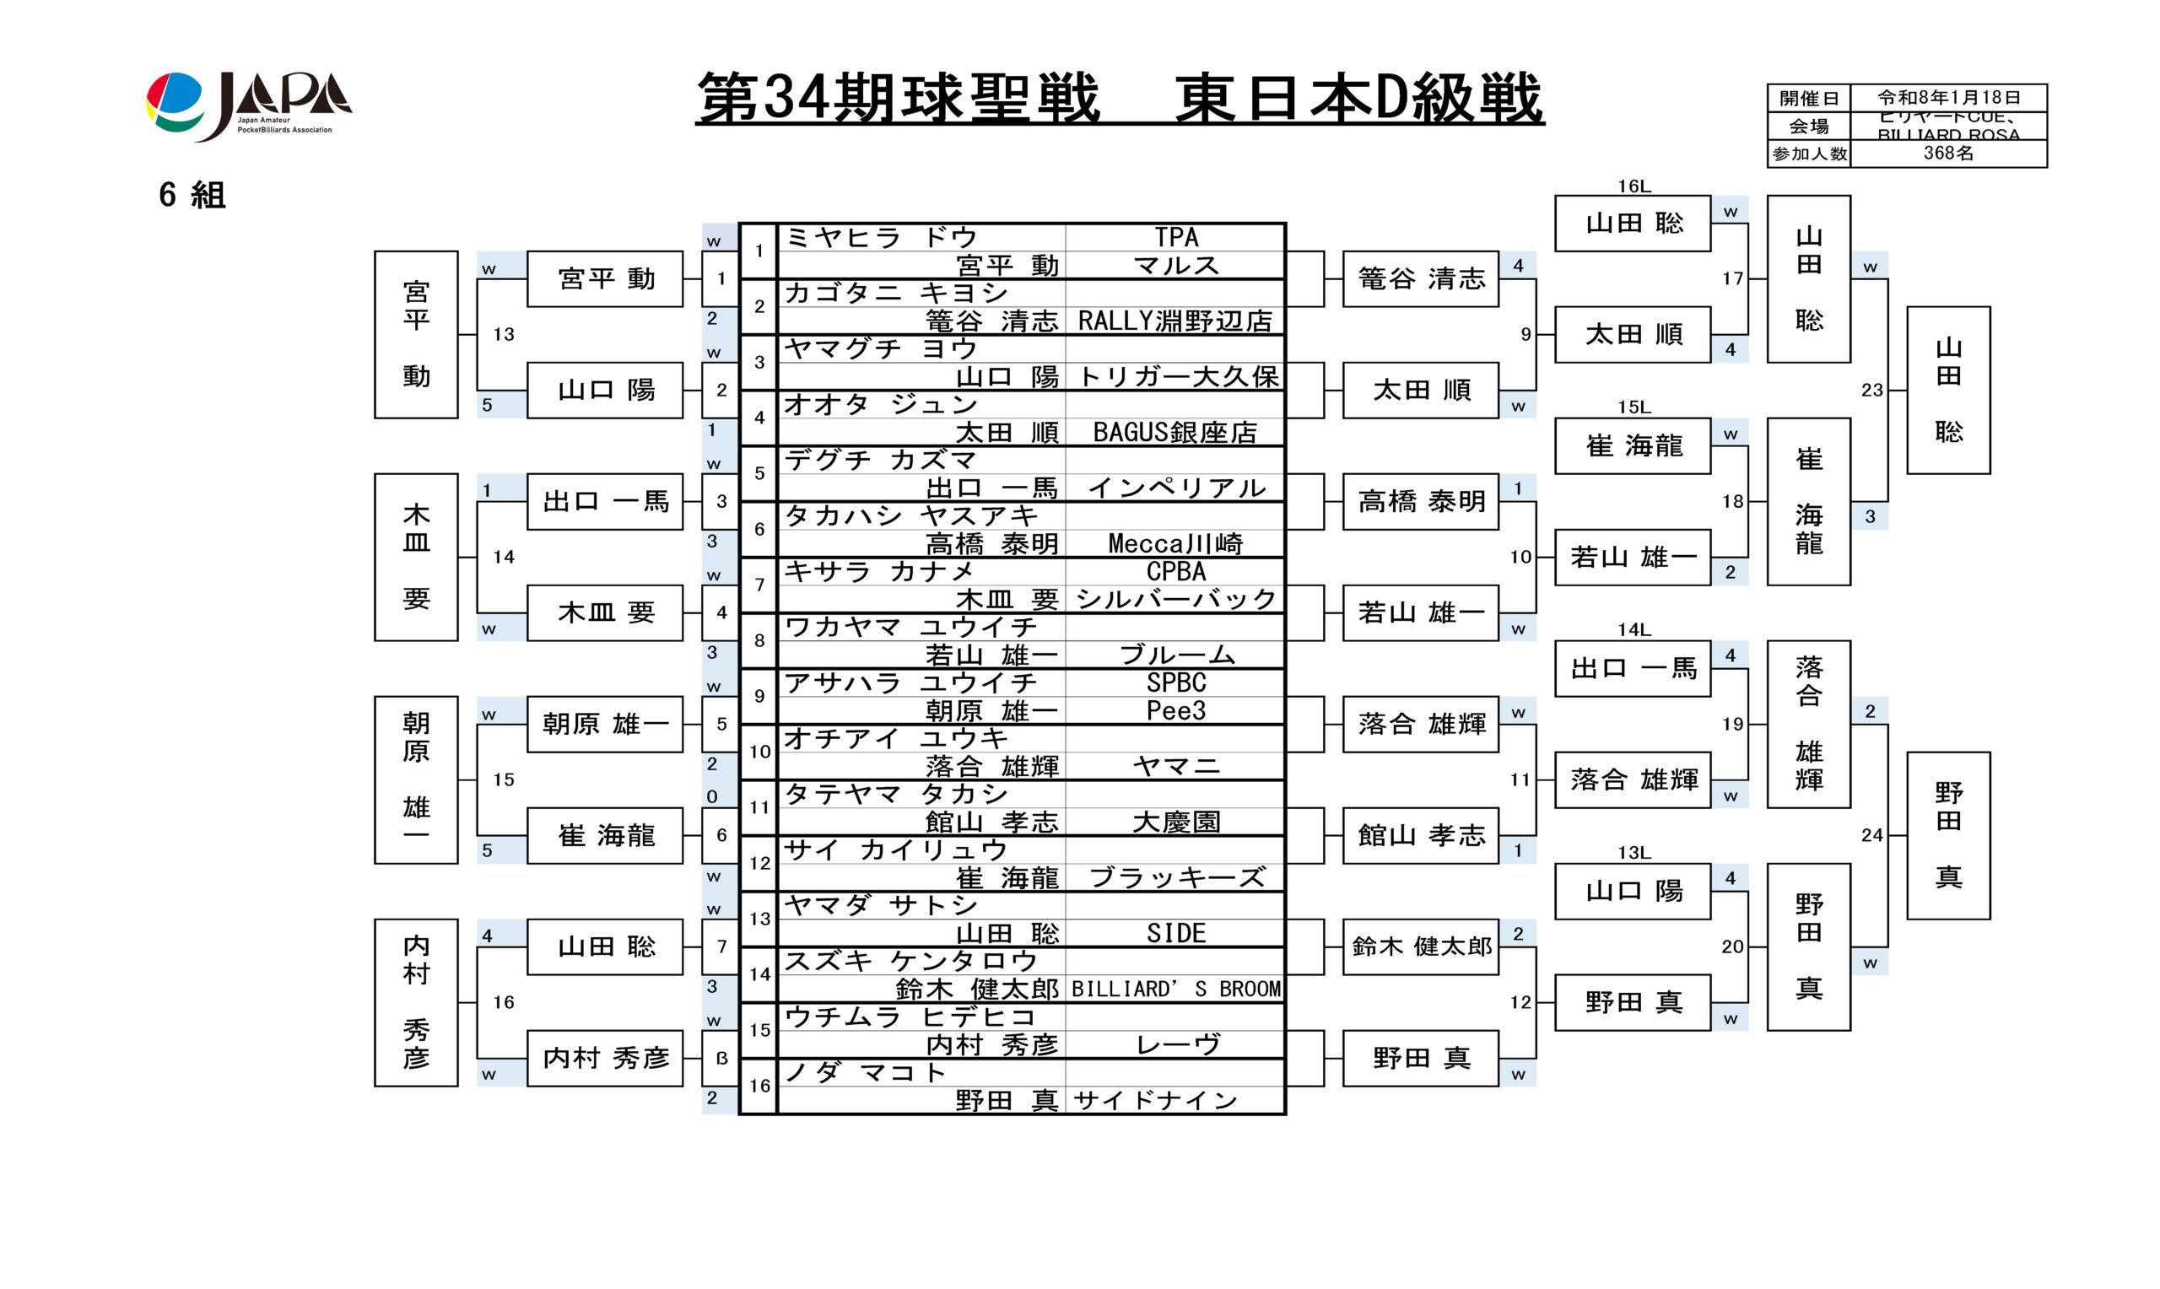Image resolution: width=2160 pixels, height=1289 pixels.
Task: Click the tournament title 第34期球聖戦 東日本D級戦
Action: tap(1119, 98)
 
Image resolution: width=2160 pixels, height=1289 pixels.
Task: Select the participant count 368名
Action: tap(1948, 154)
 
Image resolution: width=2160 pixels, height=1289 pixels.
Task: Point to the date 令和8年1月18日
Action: tap(1948, 97)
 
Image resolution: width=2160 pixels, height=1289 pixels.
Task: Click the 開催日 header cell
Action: tap(1808, 98)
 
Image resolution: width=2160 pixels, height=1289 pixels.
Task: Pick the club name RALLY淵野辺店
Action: tap(1175, 321)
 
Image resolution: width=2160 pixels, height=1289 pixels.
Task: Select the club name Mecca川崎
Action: tap(1175, 544)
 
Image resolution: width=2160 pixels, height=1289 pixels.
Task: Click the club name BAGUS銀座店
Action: tap(1175, 433)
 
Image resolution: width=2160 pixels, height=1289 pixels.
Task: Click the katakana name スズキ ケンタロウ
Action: tap(911, 961)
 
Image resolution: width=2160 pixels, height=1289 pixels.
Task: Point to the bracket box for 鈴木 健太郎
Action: tap(1421, 946)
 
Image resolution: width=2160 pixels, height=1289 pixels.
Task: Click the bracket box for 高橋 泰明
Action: tap(1421, 501)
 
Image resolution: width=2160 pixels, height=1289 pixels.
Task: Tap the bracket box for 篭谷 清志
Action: tap(1421, 279)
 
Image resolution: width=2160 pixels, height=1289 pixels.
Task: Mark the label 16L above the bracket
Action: tap(1633, 186)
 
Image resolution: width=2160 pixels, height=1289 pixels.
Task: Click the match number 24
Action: tap(1871, 836)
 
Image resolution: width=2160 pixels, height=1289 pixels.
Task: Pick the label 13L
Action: tap(1633, 853)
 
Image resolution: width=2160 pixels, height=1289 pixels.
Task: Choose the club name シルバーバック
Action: tap(1175, 599)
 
